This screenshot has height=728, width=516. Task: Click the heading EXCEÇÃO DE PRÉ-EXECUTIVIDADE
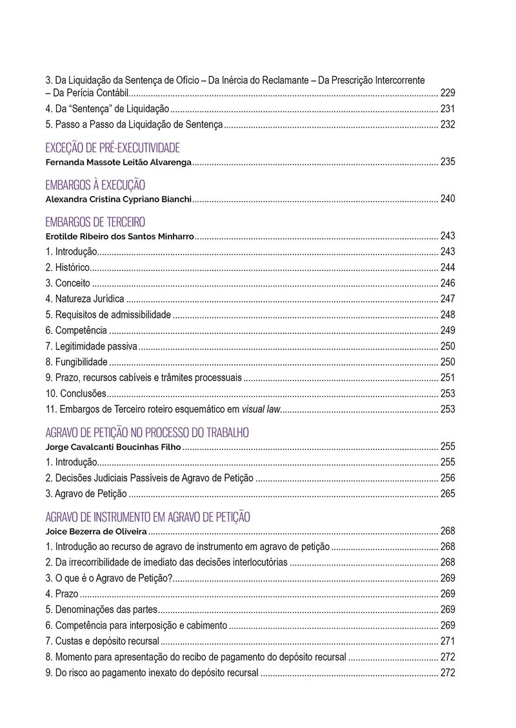pos(112,148)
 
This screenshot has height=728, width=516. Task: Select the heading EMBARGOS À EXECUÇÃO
pos(95,185)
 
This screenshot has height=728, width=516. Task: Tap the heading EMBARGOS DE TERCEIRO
pos(95,222)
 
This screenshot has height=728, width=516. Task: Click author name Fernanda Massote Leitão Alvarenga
pos(119,162)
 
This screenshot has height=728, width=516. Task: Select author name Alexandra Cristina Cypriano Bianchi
pos(119,199)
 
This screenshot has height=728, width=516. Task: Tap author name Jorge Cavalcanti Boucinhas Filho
pos(114,446)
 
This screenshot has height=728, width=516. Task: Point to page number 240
pos(448,199)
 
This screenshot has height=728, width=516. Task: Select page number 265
pos(448,494)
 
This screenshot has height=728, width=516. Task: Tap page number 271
pos(448,641)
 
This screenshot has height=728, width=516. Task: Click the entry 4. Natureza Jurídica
pos(84,299)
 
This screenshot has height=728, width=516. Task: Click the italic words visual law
pos(261,409)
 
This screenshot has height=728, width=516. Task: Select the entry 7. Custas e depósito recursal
pos(102,641)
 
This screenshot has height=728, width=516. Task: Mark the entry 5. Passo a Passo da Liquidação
pos(134,124)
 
